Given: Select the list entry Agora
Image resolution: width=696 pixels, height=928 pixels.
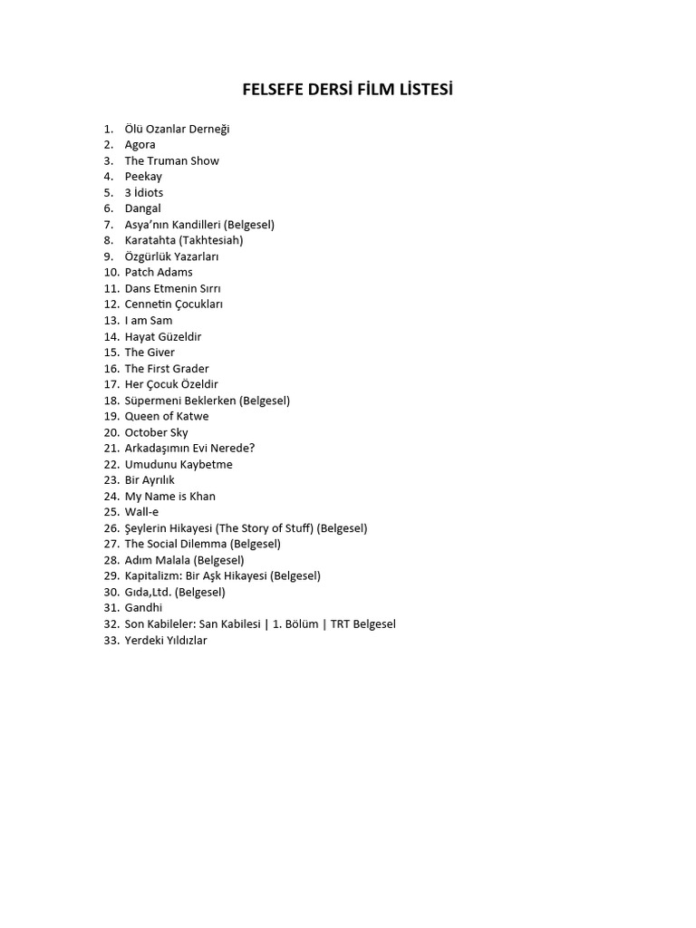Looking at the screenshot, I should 140,145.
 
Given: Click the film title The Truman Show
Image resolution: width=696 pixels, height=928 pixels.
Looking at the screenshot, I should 172,160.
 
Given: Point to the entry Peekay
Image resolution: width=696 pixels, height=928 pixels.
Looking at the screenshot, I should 143,177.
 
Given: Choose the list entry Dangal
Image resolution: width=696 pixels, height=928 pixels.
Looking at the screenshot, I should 143,208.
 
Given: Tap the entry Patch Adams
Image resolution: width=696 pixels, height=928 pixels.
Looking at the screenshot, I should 159,272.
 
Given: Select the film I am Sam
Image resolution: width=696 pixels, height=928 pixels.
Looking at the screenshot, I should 149,320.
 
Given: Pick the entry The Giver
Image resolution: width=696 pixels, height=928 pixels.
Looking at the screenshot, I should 150,353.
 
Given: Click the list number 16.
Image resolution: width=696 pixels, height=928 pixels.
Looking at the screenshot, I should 111,369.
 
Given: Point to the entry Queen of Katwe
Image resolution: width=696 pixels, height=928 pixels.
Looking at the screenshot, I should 167,417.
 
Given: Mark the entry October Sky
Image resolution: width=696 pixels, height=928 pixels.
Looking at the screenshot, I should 157,432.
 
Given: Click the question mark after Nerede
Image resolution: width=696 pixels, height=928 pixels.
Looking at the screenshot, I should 252,449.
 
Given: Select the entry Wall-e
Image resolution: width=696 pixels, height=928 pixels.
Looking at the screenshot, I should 141,512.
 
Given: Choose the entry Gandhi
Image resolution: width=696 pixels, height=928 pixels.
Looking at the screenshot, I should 144,608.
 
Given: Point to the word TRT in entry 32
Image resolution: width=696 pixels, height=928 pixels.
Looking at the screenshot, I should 341,624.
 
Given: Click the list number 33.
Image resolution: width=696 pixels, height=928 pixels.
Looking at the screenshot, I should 111,641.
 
